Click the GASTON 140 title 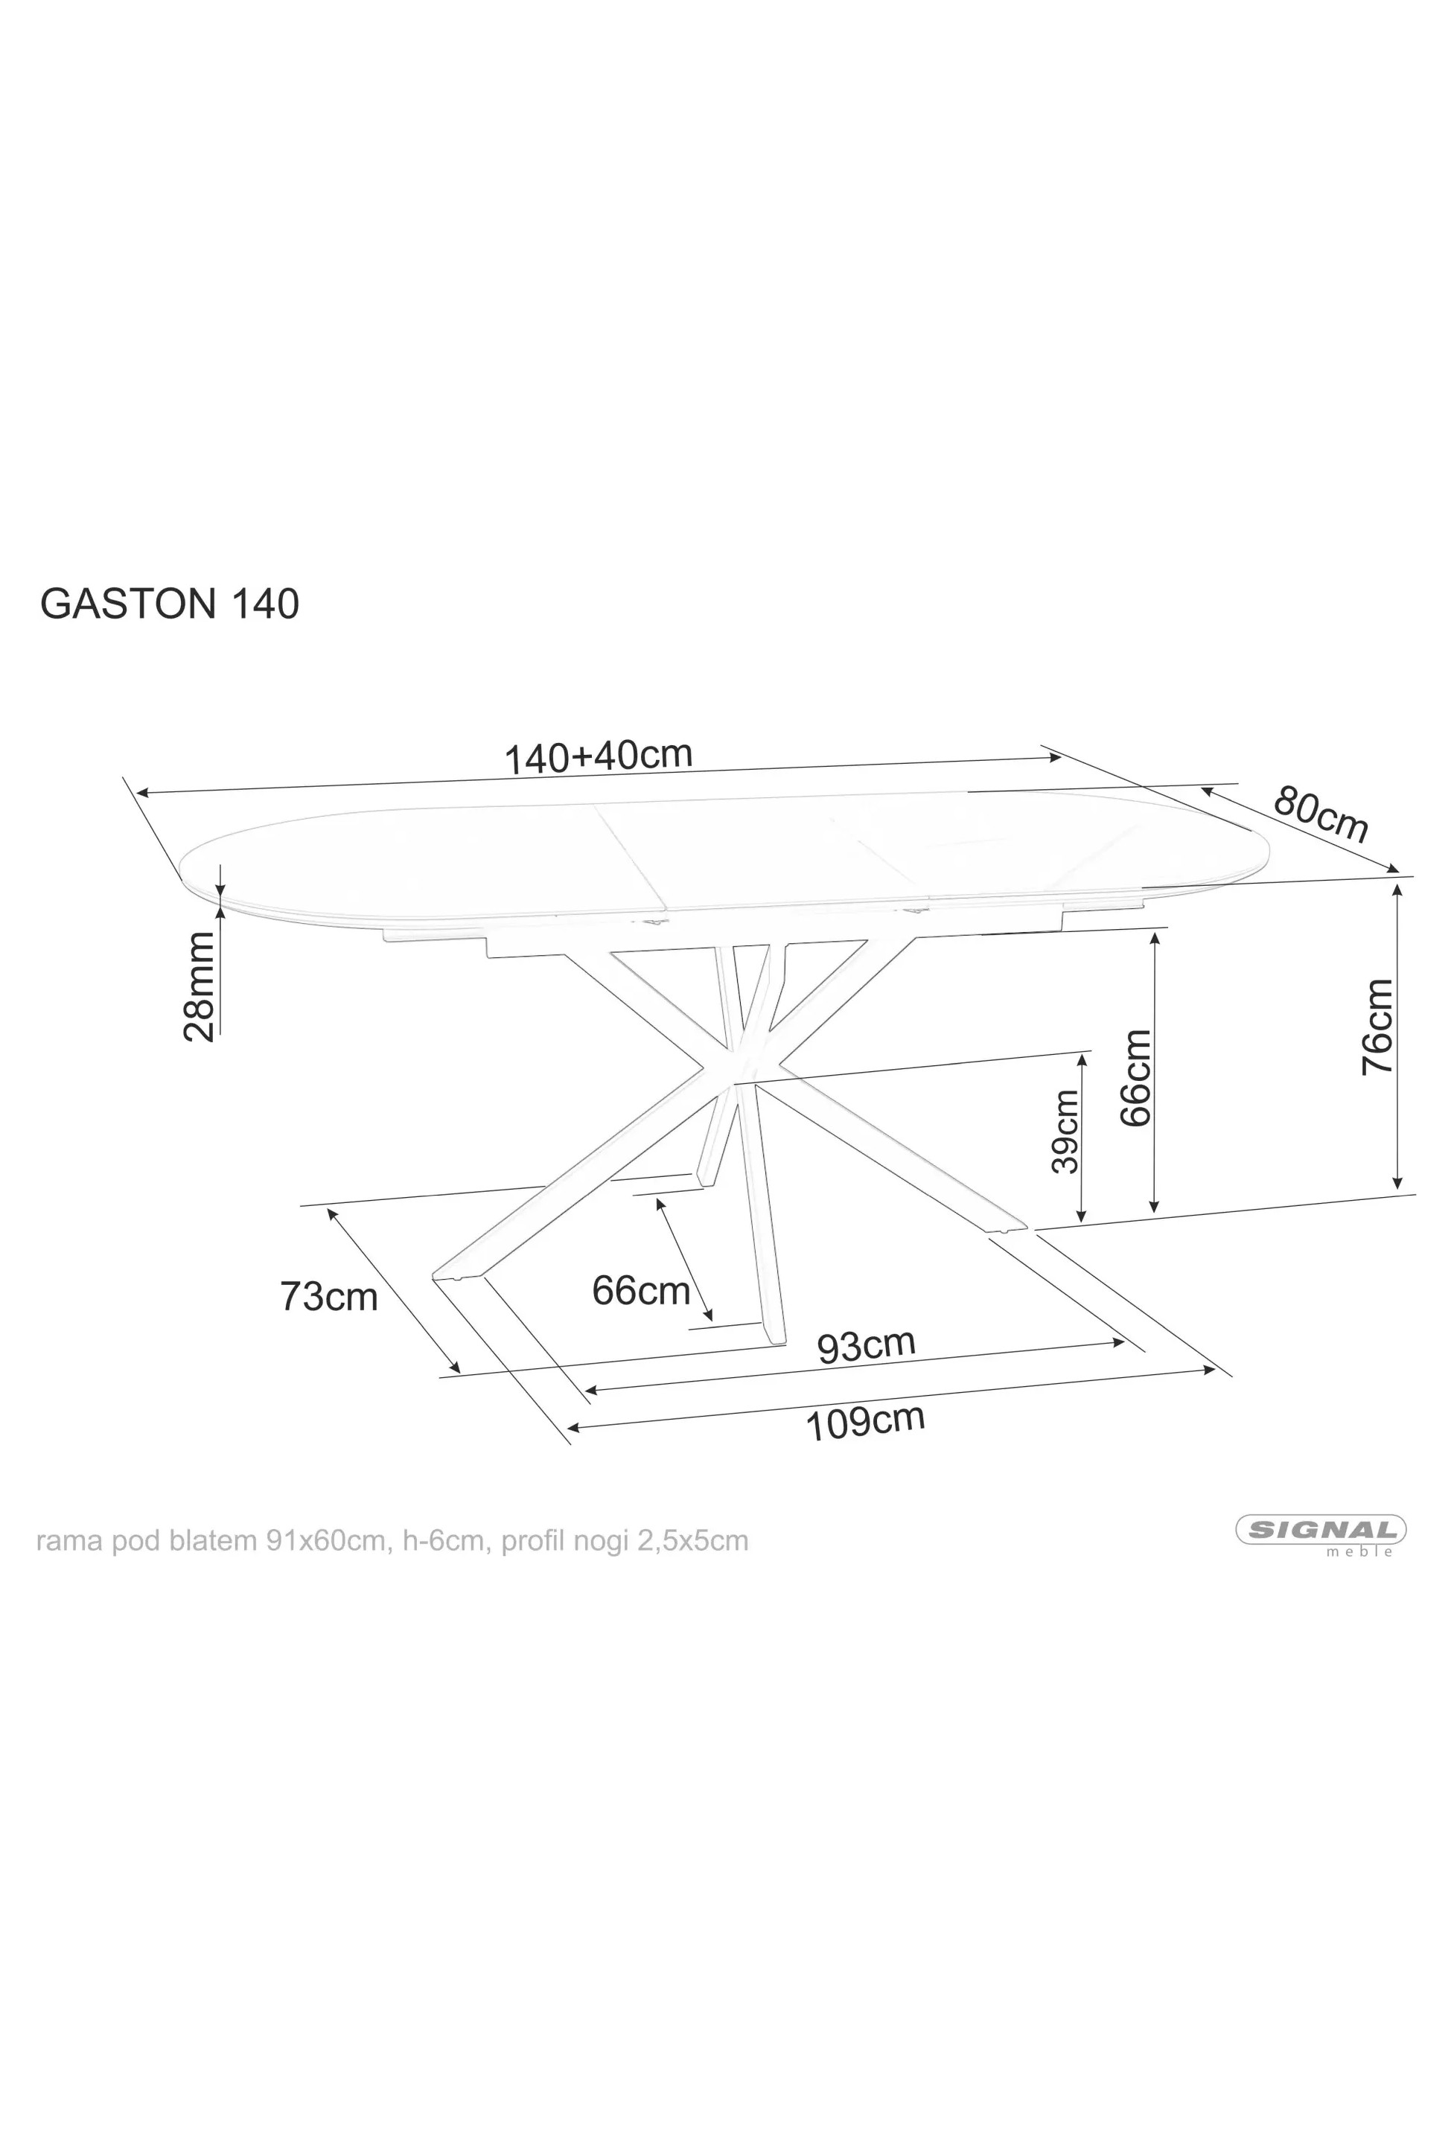pyautogui.click(x=170, y=604)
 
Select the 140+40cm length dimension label pyautogui.click(x=598, y=756)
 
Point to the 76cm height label pyautogui.click(x=1377, y=1027)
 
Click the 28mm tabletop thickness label pyautogui.click(x=200, y=986)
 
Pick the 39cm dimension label pyautogui.click(x=1065, y=1131)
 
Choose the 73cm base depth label pyautogui.click(x=329, y=1296)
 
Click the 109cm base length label pyautogui.click(x=865, y=1422)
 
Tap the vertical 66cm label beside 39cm pyautogui.click(x=1135, y=1076)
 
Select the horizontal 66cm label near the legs pyautogui.click(x=641, y=1289)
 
